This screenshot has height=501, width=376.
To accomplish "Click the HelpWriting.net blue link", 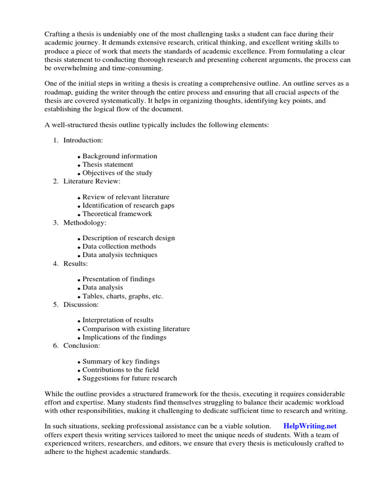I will tap(310, 426).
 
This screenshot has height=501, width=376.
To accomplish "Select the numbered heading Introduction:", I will tap(83, 140).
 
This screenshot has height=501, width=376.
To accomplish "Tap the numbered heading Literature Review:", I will tap(92, 181).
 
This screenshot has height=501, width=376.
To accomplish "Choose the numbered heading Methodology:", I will tap(85, 222).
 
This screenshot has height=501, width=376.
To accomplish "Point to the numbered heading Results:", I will tap(75, 263).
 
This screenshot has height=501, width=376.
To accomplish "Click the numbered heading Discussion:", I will tap(81, 304).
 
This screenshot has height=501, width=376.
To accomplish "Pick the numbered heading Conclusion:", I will tap(81, 345).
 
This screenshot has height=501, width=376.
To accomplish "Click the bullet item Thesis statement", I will tap(107, 164).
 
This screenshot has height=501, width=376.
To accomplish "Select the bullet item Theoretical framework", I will tap(117, 214).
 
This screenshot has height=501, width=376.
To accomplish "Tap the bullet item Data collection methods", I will tap(119, 247).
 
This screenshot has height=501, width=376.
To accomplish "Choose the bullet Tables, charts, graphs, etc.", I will tap(122, 296).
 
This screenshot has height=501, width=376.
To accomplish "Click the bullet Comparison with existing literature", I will tap(136, 329).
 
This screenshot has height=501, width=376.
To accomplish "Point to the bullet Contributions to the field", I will tap(120, 370).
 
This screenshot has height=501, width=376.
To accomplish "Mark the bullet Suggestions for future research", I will tap(130, 378).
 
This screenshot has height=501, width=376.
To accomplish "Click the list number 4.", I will tap(55, 263).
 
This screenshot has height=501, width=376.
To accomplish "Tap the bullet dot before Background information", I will tap(79, 157).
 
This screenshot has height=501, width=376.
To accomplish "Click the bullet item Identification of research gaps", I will tap(128, 205).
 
